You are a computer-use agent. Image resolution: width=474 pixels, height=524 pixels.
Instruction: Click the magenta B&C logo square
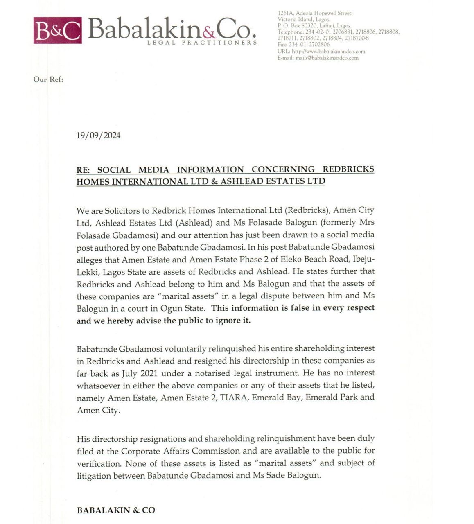pyautogui.click(x=57, y=30)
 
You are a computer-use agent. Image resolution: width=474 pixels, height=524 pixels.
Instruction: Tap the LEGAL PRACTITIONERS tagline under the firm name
pyautogui.click(x=202, y=43)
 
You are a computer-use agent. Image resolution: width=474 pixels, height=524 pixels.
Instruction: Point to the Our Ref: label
pyautogui.click(x=48, y=79)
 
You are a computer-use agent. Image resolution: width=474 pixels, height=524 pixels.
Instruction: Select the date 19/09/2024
pyautogui.click(x=98, y=136)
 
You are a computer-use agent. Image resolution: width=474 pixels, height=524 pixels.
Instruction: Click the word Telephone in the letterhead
pyautogui.click(x=290, y=32)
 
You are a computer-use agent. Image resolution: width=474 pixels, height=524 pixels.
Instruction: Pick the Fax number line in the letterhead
pyautogui.click(x=303, y=45)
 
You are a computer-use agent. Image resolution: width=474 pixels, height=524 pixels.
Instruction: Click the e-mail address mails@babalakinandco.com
pyautogui.click(x=327, y=58)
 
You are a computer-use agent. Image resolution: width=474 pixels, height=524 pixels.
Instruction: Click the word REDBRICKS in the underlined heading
pyautogui.click(x=348, y=169)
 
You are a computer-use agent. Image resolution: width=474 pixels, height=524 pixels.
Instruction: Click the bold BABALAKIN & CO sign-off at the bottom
pyautogui.click(x=116, y=510)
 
